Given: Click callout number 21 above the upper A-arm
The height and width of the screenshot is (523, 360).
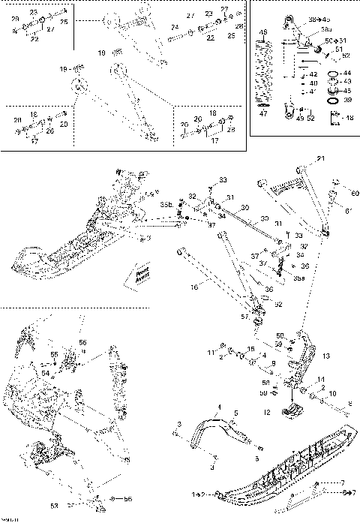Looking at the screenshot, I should tap(319, 158).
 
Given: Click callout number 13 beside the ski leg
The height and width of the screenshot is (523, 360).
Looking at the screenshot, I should tap(325, 356).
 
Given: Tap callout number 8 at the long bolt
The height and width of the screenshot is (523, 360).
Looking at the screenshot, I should tap(349, 403).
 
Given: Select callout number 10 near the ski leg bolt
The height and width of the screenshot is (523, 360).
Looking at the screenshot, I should tap(332, 392).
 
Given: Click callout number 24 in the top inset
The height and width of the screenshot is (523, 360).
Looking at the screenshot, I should tap(174, 27).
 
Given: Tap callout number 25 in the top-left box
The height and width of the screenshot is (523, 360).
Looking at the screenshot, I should tap(64, 23).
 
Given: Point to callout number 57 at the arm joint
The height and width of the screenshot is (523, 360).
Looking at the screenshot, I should tap(244, 317).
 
